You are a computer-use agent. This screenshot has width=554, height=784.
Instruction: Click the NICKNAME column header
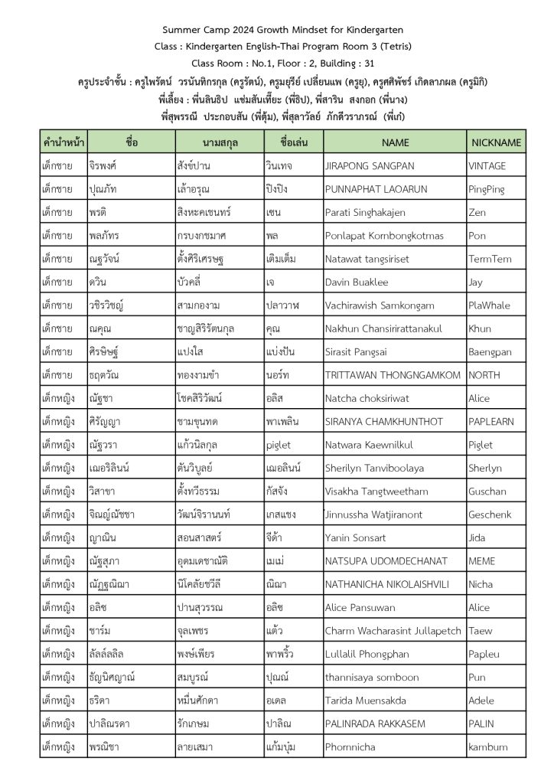(496, 142)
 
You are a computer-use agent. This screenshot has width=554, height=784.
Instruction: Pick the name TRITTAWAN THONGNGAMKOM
(393, 374)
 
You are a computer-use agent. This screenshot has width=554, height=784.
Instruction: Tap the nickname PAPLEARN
(490, 421)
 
